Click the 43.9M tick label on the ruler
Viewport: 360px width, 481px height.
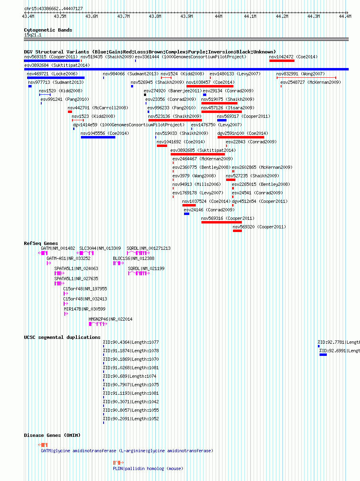click(186, 16)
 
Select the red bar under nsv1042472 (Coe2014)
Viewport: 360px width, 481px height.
click(282, 61)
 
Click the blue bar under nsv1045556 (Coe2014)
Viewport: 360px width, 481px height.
click(98, 137)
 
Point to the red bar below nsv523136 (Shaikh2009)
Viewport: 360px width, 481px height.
click(175, 120)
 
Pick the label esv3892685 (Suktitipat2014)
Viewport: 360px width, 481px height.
click(203, 150)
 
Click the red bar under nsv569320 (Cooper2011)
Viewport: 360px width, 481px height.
click(237, 231)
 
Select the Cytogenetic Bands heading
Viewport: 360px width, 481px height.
click(48, 30)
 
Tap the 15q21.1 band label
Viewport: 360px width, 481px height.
click(33, 35)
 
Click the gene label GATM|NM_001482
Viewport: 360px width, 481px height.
click(58, 248)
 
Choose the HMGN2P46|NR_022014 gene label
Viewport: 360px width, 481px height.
click(110, 319)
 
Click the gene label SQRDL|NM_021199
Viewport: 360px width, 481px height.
click(146, 268)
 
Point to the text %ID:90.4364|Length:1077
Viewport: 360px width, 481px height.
click(131, 343)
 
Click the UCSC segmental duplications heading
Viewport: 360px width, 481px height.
click(62, 337)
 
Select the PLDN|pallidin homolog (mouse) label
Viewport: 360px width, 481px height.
click(148, 469)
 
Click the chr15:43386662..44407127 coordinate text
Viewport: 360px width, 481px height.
click(54, 9)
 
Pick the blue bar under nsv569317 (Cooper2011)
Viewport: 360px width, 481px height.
click(222, 120)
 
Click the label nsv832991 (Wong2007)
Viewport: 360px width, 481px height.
click(301, 74)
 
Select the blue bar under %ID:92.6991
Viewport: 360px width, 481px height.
click(323, 355)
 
